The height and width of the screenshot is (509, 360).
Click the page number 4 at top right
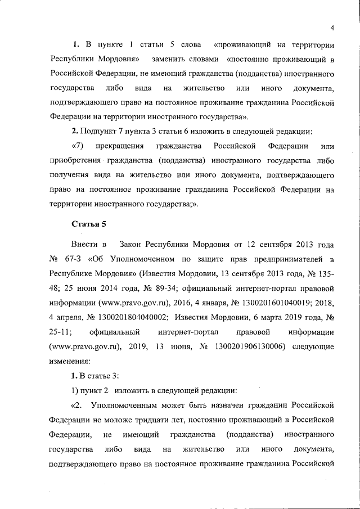[332, 29]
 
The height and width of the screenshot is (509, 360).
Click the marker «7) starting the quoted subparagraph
[78, 146]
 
